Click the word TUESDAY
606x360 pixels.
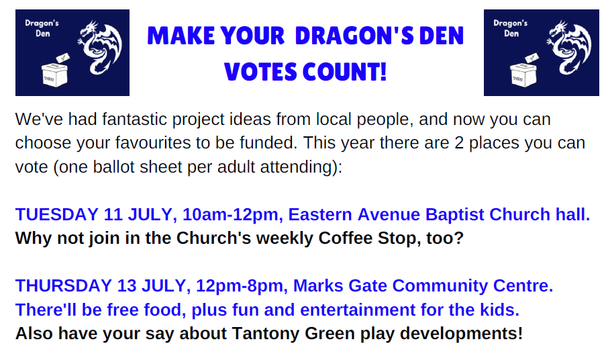pyautogui.click(x=57, y=215)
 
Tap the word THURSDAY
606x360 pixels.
pyautogui.click(x=64, y=286)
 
